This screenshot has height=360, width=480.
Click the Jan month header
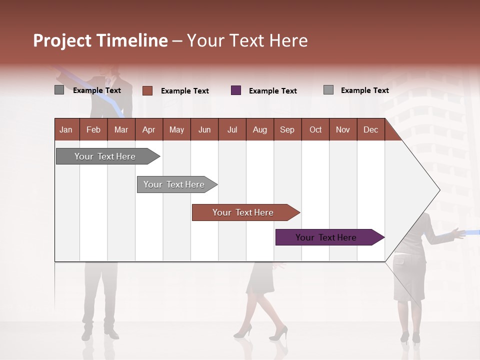point(66,129)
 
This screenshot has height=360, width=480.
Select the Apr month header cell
point(149,129)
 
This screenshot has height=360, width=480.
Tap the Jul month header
point(232,129)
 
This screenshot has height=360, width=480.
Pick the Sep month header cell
point(287,129)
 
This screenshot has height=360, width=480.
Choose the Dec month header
point(370,129)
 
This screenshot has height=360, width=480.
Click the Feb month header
point(93,129)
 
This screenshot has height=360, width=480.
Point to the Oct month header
point(315,129)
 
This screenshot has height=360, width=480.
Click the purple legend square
point(236,90)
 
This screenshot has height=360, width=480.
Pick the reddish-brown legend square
point(147,90)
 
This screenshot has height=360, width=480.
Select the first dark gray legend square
point(59,90)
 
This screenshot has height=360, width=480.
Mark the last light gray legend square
point(328,90)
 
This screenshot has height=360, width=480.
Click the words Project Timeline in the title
point(100,40)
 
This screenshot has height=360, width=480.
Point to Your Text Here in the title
point(247,40)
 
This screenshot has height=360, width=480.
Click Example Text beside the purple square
point(272,91)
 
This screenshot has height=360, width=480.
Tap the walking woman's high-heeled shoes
point(262,331)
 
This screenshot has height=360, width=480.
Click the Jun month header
point(204,129)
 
